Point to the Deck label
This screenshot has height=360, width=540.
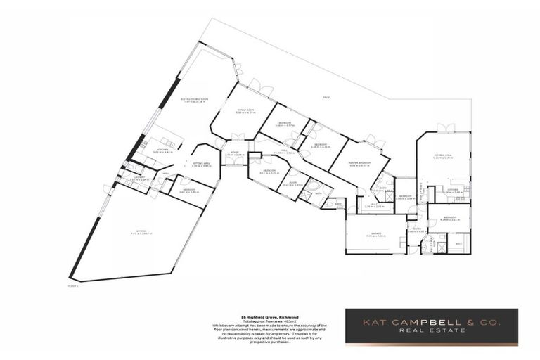coord(326,97)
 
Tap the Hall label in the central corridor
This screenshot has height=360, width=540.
coord(283,150)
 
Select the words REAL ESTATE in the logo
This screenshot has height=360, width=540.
coord(430,330)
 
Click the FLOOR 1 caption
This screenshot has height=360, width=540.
coord(72,286)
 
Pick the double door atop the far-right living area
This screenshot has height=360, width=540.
coord(444,129)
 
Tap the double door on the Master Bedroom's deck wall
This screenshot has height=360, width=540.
coord(379,145)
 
